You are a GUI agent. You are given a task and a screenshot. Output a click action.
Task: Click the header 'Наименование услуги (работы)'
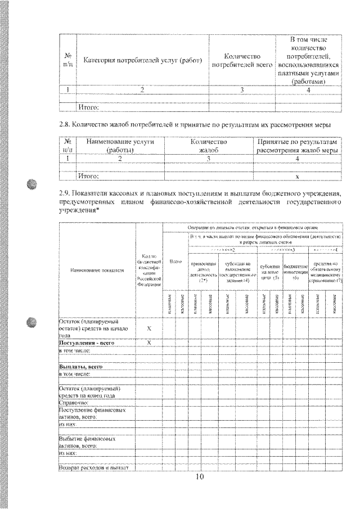(119, 146)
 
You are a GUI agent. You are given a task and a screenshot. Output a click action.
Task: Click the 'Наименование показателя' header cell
(97, 270)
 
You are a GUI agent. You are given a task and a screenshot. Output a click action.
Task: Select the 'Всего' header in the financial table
(176, 263)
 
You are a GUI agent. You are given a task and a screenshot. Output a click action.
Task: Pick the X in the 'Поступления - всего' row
(149, 342)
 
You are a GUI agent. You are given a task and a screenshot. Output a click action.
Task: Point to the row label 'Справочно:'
(74, 403)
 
